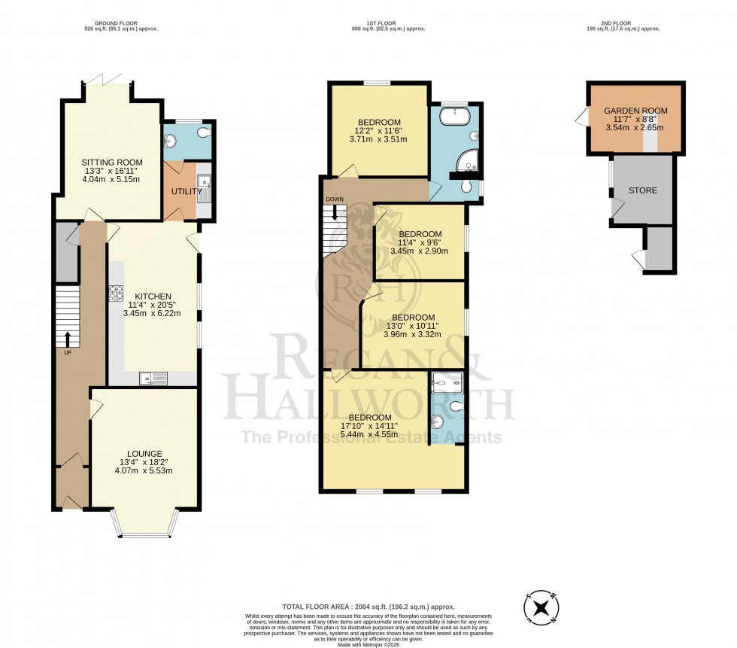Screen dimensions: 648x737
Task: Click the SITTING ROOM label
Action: pos(111,162)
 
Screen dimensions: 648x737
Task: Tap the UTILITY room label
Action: pos(186,191)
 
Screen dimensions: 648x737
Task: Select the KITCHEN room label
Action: pos(153,296)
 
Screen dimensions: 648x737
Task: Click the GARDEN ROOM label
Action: pos(635,111)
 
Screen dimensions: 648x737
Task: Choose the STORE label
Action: pos(643,190)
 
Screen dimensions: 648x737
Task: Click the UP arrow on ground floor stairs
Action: pos(68,340)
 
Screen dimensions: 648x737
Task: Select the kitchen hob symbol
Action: pos(117,291)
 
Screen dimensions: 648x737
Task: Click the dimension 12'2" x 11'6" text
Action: pos(379,131)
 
